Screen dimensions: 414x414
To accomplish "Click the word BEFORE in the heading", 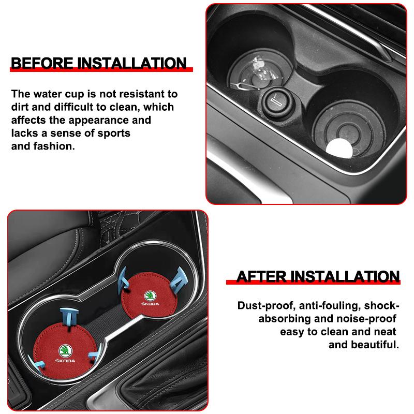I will pyautogui.click(x=42, y=63).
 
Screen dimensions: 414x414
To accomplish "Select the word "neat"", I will pyautogui.click(x=385, y=331).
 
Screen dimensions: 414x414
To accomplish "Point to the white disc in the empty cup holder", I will pyautogui.click(x=339, y=148).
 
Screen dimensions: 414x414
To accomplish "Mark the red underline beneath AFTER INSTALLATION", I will pyautogui.click(x=313, y=283).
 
